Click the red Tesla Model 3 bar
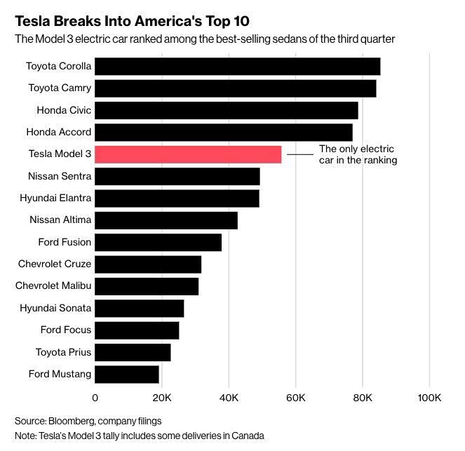pyautogui.click(x=188, y=154)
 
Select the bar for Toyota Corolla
pyautogui.click(x=237, y=67)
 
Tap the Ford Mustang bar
pyautogui.click(x=127, y=374)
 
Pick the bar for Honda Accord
pyautogui.click(x=223, y=132)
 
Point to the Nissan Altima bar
pyautogui.click(x=166, y=220)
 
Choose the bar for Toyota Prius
pyautogui.click(x=133, y=352)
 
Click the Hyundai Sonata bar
pyautogui.click(x=139, y=308)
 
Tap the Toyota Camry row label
pyautogui.click(x=60, y=88)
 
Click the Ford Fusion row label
pyautogui.click(x=65, y=242)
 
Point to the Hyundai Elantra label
pyautogui.click(x=55, y=198)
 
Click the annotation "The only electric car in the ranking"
pyautogui.click(x=358, y=154)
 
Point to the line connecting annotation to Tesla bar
pyautogui.click(x=300, y=154)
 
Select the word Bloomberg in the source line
pyautogui.click(x=71, y=421)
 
